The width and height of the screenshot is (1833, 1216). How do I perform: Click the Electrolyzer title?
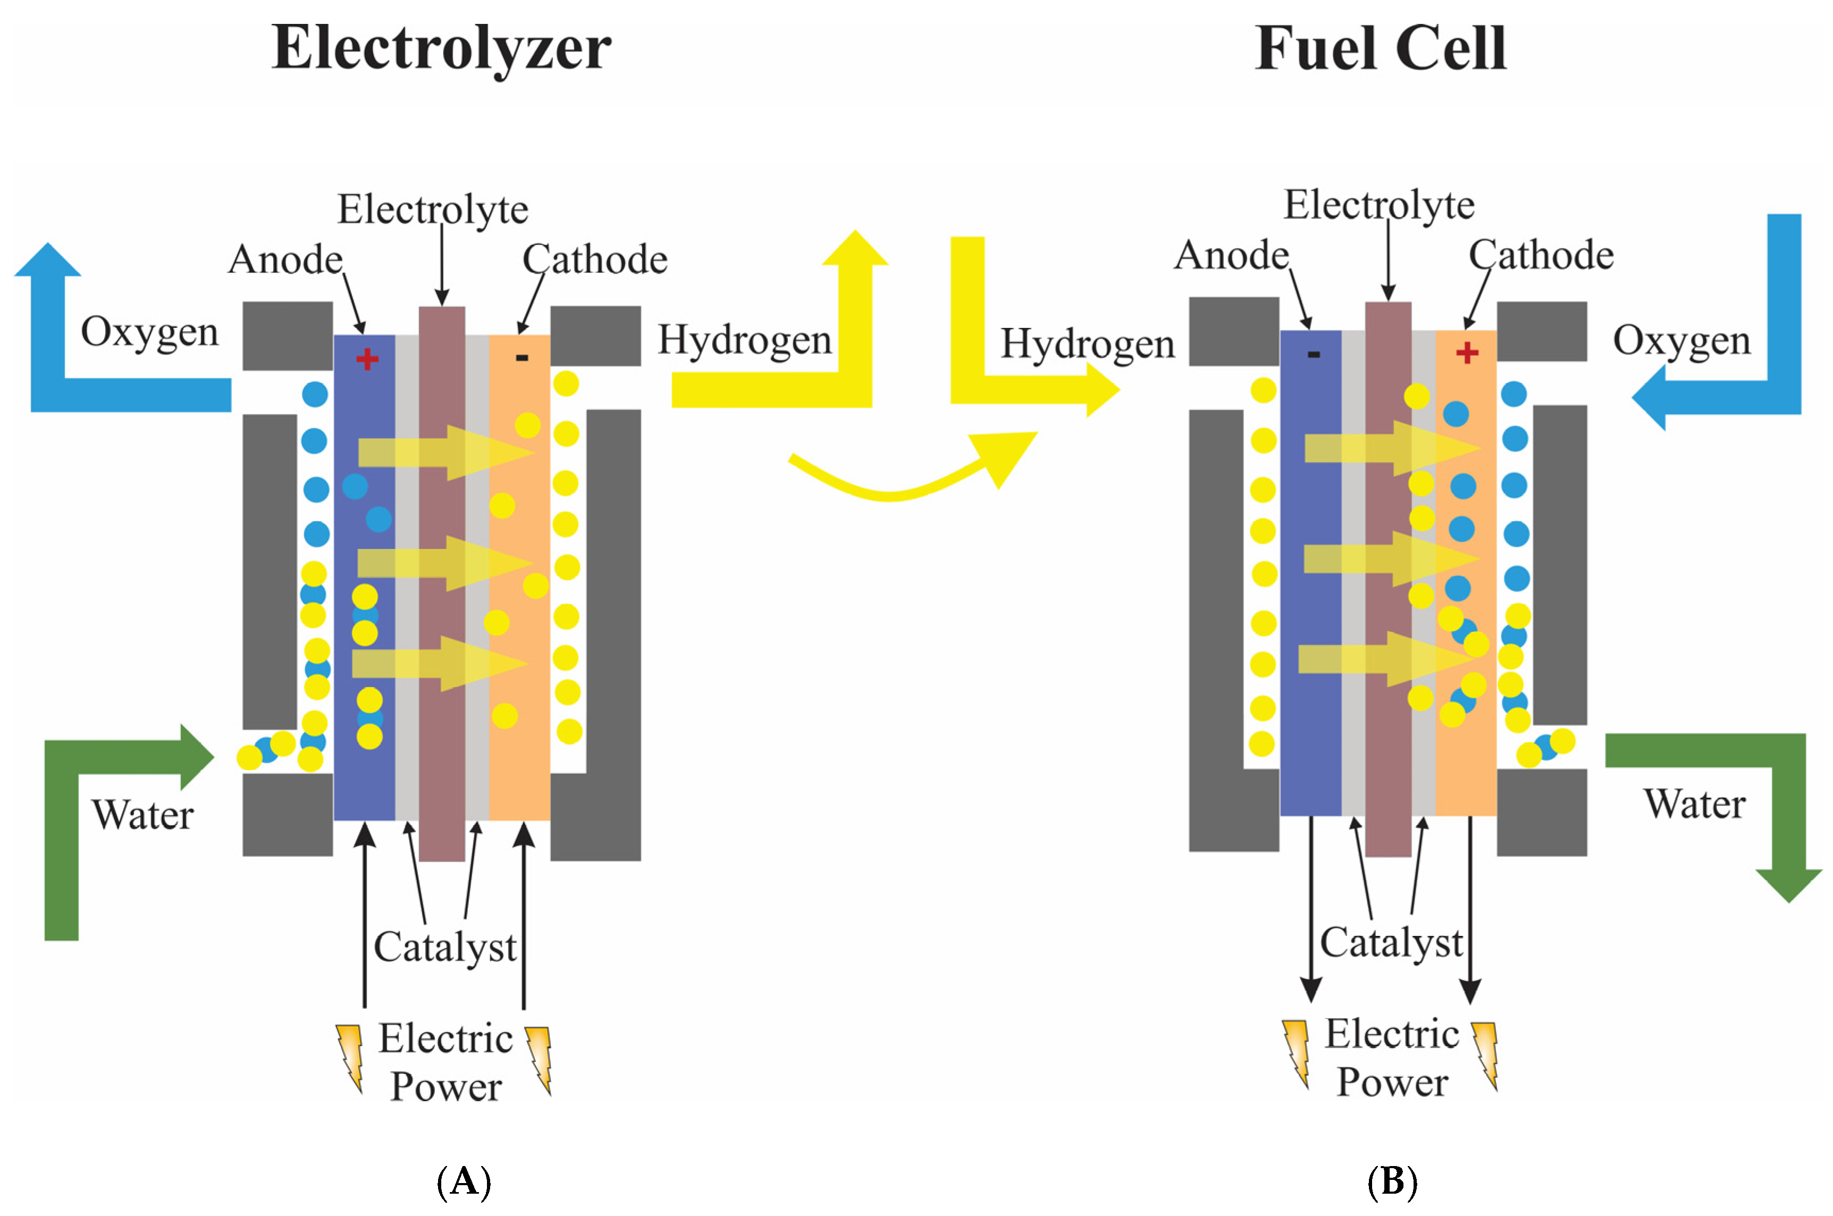441,48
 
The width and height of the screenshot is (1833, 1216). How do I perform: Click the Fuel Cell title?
1380,48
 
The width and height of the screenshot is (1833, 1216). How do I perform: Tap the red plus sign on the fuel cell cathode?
1466,353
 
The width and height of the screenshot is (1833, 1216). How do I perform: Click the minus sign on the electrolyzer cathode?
522,358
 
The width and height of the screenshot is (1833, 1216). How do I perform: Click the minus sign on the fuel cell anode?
1313,354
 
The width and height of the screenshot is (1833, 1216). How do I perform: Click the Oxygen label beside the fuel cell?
1681,340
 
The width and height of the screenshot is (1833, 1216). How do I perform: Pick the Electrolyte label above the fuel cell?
1378,205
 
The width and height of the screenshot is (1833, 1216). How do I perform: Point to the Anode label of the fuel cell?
1231,255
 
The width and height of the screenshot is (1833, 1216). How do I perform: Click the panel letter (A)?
464,1181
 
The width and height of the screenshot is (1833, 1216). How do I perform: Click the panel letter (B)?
1392,1181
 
